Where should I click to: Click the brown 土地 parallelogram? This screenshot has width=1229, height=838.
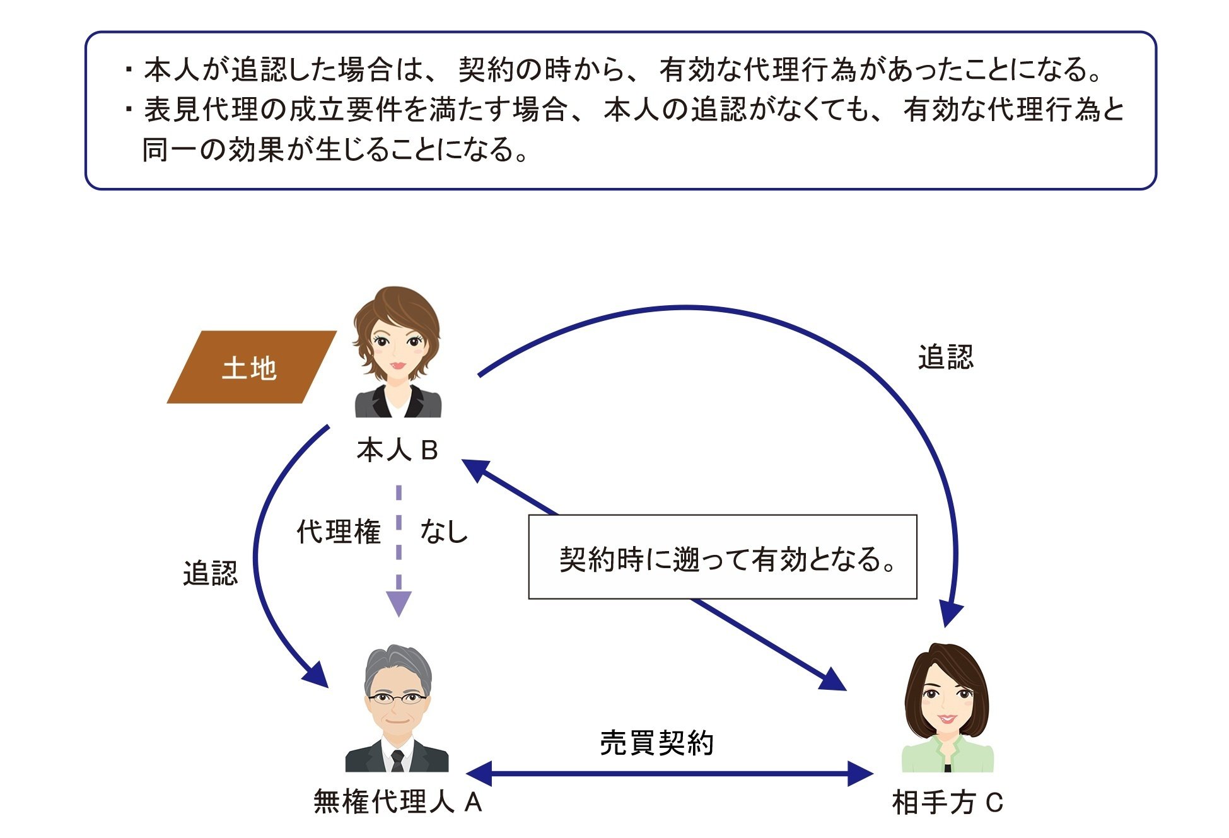click(x=251, y=367)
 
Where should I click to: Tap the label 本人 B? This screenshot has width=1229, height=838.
click(x=397, y=450)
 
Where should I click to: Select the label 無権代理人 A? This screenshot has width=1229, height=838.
click(x=398, y=802)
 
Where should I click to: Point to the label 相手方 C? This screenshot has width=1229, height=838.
click(x=947, y=803)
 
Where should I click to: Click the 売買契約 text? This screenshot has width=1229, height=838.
click(x=656, y=743)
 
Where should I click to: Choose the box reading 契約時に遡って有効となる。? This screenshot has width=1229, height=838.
click(x=723, y=557)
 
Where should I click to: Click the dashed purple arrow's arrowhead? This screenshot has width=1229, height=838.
click(x=399, y=604)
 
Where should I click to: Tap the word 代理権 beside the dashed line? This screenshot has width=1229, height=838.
click(x=339, y=532)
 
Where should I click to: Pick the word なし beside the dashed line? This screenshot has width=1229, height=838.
click(x=444, y=532)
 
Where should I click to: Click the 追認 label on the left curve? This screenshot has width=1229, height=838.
click(x=211, y=573)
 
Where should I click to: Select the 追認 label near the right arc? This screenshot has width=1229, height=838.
click(x=945, y=358)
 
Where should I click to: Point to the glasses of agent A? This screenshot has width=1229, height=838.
click(x=397, y=698)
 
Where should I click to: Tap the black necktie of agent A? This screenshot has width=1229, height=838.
click(x=397, y=760)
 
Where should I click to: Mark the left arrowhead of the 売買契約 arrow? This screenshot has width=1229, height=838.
click(x=479, y=774)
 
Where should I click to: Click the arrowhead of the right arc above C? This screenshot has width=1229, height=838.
click(x=950, y=614)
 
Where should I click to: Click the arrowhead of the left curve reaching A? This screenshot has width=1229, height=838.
click(x=317, y=676)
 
